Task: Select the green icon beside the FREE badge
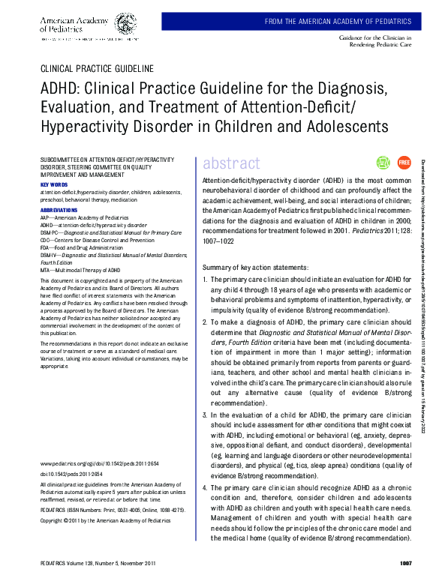click(x=383, y=163)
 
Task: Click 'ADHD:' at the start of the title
click(x=62, y=88)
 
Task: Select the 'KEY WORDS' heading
click(x=54, y=184)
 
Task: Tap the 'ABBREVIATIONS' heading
click(x=59, y=211)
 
